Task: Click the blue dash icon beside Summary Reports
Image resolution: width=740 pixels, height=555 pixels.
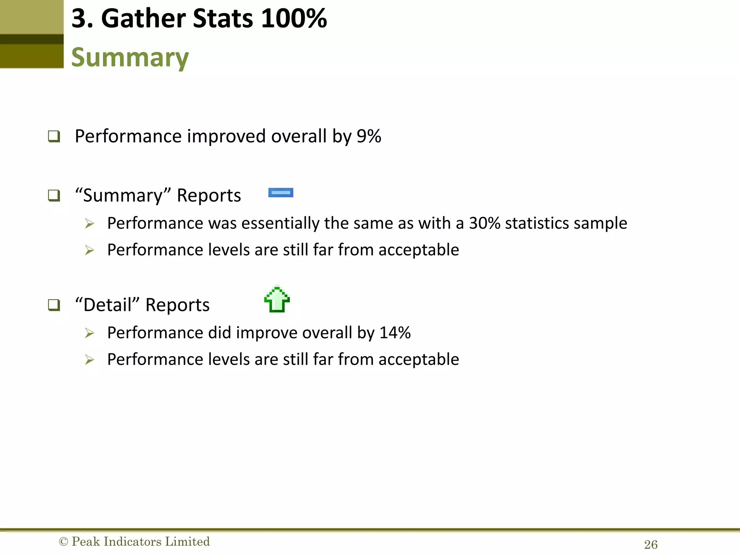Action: [281, 193]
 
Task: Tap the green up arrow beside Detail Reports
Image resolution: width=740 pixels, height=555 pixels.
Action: [277, 300]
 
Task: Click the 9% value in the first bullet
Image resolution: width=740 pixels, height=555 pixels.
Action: [369, 136]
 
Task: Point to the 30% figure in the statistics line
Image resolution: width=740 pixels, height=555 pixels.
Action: [485, 223]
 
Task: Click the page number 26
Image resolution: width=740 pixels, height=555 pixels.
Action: [651, 545]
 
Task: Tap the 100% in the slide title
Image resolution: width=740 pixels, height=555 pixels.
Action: [294, 18]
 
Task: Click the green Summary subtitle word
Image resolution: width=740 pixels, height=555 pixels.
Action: [130, 58]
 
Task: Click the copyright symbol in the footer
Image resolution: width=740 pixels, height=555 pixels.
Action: [63, 542]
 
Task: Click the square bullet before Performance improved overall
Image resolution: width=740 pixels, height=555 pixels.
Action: [54, 137]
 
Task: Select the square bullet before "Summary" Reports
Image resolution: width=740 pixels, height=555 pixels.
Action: [54, 195]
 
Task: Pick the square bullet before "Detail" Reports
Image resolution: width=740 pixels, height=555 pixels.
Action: [54, 305]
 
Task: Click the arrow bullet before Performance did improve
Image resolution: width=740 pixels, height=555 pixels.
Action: [89, 333]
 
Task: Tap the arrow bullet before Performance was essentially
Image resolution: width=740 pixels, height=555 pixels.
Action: [89, 223]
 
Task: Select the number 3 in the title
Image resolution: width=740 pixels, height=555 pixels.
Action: [79, 18]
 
